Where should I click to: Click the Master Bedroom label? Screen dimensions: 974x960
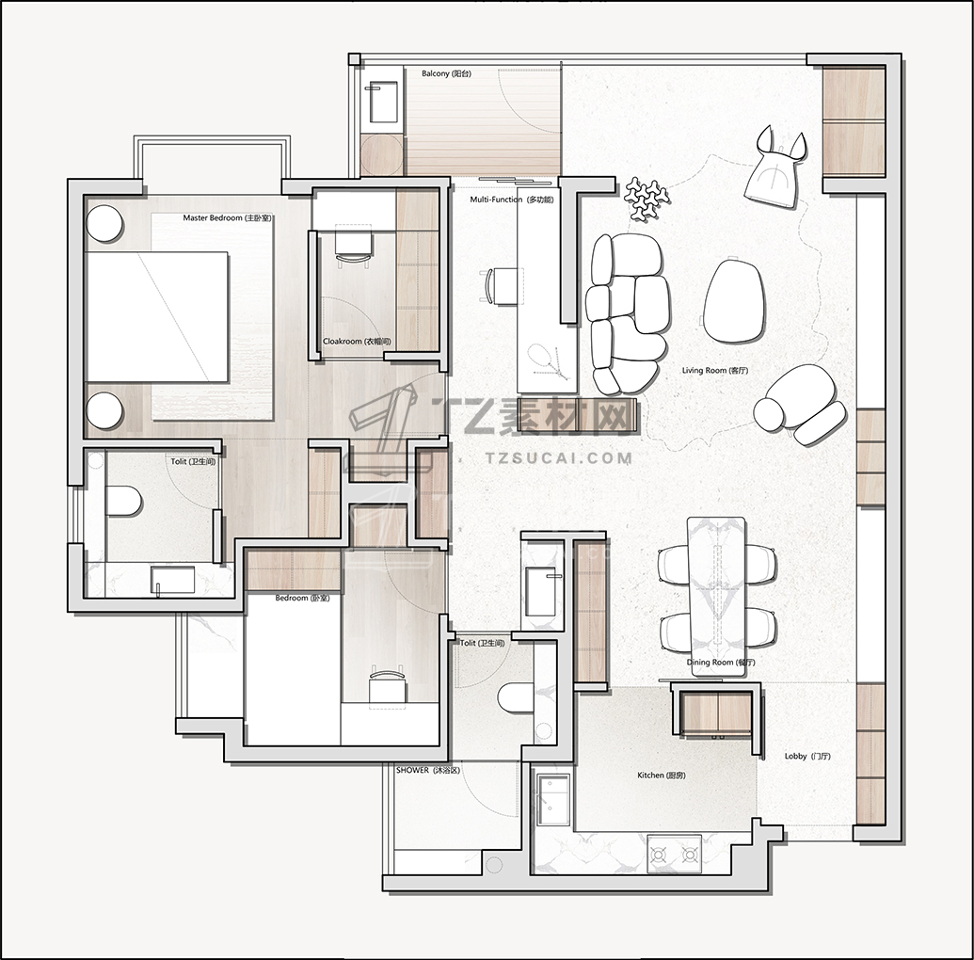[228, 218]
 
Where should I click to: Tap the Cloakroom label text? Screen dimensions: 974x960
[358, 341]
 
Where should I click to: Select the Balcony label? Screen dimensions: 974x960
[447, 73]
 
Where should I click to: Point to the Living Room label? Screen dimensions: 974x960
[715, 370]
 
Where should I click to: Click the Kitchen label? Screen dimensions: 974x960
[662, 776]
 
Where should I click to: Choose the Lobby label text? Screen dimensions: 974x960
[807, 756]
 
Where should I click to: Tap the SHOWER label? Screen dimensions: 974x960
[428, 770]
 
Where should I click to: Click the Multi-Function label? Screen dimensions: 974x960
[511, 200]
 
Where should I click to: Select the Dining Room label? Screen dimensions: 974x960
[721, 663]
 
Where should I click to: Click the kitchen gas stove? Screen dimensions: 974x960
[674, 855]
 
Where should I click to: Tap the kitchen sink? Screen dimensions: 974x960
[552, 799]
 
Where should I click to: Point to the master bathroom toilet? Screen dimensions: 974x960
[124, 501]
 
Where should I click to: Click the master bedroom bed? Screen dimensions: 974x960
[156, 316]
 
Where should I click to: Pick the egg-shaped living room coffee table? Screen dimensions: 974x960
[733, 301]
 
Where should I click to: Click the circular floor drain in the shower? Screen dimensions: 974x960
[494, 864]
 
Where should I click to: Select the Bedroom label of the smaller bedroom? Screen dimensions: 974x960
[302, 598]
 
